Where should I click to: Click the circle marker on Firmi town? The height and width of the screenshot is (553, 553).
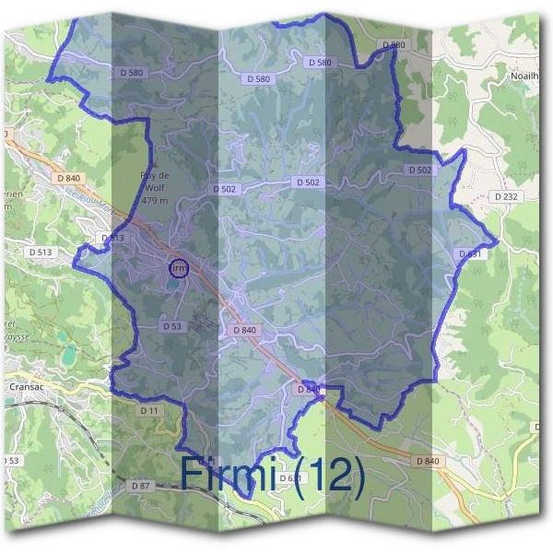tap(179, 268)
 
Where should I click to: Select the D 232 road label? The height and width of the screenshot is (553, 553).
tap(505, 196)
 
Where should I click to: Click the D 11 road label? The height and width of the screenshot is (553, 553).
tap(150, 408)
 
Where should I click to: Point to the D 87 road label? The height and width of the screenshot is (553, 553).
tap(141, 485)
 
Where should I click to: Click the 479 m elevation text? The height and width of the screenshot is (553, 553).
tap(155, 200)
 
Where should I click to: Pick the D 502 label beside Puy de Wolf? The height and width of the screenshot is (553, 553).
tap(224, 189)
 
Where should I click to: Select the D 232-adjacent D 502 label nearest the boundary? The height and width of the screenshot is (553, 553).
tap(419, 171)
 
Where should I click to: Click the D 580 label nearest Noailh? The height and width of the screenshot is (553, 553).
tap(393, 44)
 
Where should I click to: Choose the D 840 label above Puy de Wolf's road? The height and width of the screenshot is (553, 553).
tap(69, 178)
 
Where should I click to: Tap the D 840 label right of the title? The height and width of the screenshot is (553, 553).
tap(429, 460)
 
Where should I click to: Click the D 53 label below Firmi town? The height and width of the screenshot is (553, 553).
tap(172, 326)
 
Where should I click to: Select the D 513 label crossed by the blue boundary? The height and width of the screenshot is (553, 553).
tap(112, 238)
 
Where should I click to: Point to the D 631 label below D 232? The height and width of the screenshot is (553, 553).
tap(469, 253)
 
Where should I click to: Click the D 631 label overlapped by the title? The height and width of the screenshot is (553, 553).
tap(289, 478)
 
